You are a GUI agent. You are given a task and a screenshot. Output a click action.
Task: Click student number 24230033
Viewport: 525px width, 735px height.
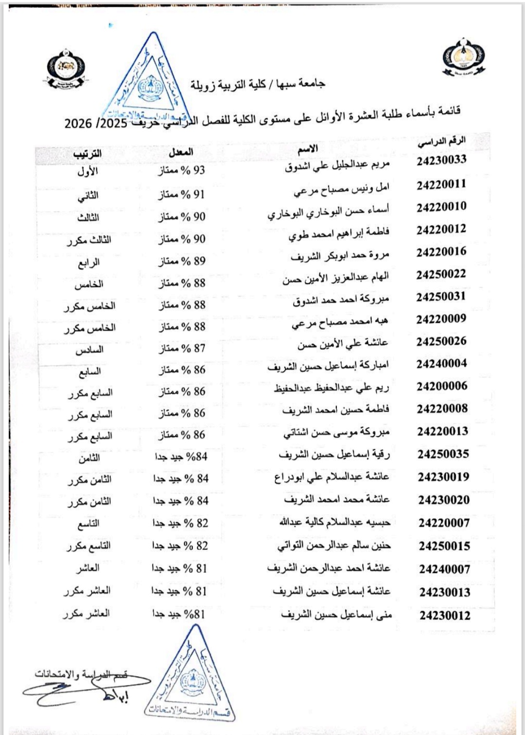click(x=441, y=160)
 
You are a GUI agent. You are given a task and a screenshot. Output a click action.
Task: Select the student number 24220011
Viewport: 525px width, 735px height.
click(x=441, y=184)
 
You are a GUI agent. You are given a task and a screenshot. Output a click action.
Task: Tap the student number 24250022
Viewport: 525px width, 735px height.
click(x=441, y=274)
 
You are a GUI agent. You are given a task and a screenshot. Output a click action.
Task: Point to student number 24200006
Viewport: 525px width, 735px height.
click(x=442, y=386)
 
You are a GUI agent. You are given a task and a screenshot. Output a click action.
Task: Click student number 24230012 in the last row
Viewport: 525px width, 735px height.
click(x=445, y=615)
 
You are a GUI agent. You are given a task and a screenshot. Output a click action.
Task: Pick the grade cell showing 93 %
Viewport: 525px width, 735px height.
click(x=181, y=170)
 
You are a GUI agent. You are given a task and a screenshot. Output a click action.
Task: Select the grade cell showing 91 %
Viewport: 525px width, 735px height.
click(x=181, y=194)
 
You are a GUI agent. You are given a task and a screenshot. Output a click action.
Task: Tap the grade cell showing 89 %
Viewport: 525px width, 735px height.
click(x=181, y=261)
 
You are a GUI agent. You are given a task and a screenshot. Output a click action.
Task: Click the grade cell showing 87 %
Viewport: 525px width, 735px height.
click(x=181, y=348)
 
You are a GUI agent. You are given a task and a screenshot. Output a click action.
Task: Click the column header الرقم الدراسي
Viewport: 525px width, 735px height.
click(x=441, y=141)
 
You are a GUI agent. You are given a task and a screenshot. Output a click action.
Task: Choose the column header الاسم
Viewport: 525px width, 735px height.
click(x=308, y=149)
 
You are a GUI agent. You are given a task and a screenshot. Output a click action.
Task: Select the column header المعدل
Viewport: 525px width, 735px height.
click(x=181, y=152)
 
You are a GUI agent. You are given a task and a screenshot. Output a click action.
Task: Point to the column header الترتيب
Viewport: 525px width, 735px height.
click(x=87, y=154)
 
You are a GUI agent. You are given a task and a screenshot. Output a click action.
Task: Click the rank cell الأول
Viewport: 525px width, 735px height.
click(x=87, y=171)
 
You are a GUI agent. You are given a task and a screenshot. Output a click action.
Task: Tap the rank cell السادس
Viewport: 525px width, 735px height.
click(x=89, y=350)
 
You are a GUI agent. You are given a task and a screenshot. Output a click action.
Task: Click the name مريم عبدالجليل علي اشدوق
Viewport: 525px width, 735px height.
click(x=337, y=166)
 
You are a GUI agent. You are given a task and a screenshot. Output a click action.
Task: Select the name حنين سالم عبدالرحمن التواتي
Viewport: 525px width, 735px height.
click(x=334, y=546)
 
